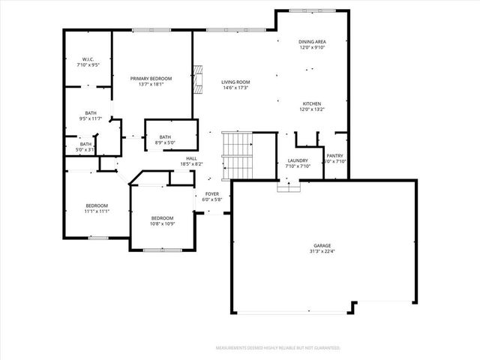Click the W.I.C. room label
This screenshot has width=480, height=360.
coord(87,59)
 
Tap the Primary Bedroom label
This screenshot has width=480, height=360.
coord(151,79)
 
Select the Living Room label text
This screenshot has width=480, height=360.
coord(235,82)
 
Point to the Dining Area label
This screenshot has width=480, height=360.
coord(312,43)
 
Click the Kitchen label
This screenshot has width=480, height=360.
coord(312,103)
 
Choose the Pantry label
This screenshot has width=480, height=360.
coord(334,156)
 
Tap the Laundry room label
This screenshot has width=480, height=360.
coord(298,161)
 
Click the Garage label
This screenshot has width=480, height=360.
coord(322,245)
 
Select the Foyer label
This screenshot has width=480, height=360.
coord(212,193)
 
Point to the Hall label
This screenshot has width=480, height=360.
coord(192,158)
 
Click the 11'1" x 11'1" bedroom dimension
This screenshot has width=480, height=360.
coord(97,211)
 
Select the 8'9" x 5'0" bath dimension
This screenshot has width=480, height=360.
coord(165,142)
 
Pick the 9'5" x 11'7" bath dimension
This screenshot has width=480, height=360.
coord(91,118)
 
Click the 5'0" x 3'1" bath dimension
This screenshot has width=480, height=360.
coord(86,150)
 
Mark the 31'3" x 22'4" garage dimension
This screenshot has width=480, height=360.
coord(322,251)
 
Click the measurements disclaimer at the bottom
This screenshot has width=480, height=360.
coord(277,348)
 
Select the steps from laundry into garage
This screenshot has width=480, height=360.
coord(289,185)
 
